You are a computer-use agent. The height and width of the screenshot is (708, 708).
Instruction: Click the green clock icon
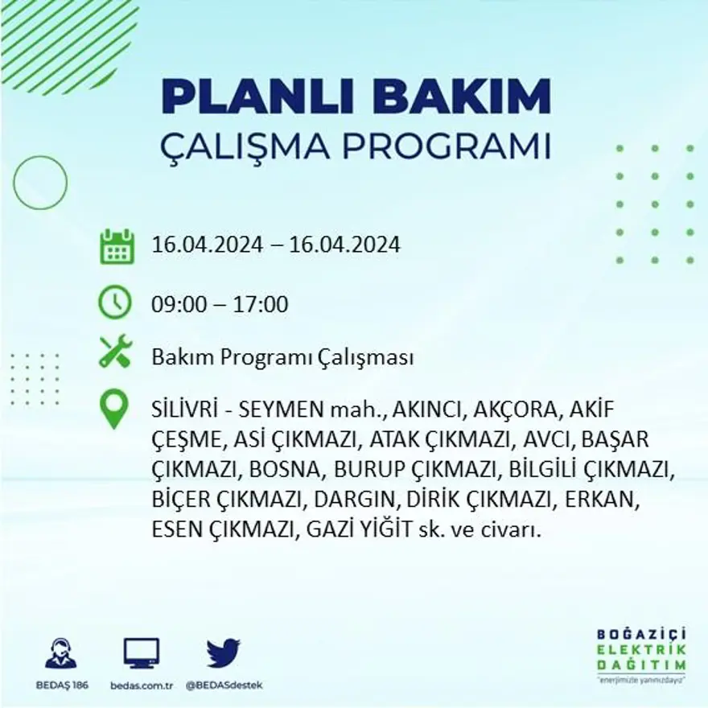click(115, 302)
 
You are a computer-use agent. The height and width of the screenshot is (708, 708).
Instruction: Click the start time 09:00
click(178, 306)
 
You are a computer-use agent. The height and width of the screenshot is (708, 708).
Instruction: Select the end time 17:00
click(261, 306)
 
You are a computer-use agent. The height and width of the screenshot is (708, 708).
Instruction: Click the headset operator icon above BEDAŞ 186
click(61, 652)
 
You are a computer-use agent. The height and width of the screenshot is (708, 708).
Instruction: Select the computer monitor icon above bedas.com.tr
click(142, 652)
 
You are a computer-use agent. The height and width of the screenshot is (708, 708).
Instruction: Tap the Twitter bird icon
click(223, 652)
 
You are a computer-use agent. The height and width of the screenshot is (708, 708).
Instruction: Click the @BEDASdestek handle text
click(224, 685)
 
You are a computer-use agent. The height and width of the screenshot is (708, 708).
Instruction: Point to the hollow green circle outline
click(40, 183)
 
